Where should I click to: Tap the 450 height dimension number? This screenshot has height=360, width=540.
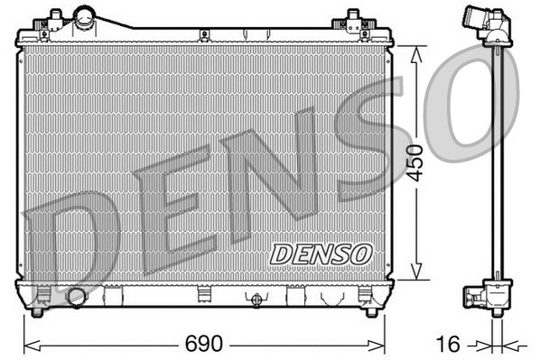(414, 162)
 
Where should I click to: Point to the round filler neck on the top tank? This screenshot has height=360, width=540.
(87, 16)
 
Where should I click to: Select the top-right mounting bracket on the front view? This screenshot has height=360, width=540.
(353, 19)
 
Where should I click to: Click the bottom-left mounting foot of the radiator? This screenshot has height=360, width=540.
(37, 311)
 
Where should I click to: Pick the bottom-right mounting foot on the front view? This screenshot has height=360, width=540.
(370, 311)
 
